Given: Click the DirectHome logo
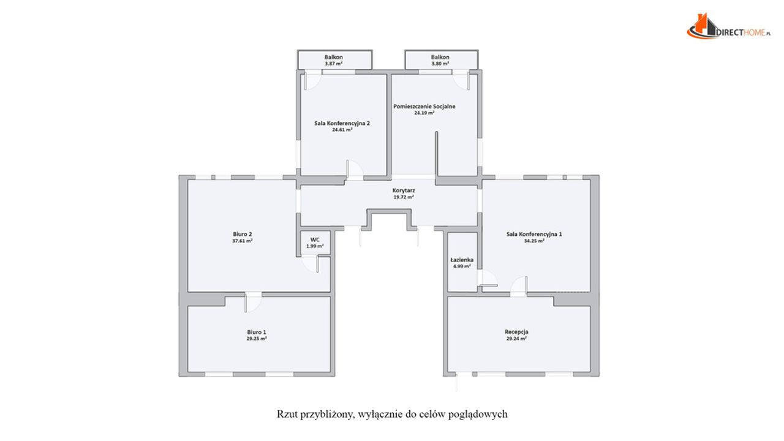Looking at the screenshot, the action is pyautogui.click(x=729, y=26).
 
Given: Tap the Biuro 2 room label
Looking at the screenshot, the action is pyautogui.click(x=243, y=234).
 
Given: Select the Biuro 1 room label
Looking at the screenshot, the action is pyautogui.click(x=257, y=332).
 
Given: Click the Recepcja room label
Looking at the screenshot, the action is pyautogui.click(x=516, y=332).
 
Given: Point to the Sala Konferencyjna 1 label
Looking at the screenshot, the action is pyautogui.click(x=534, y=234).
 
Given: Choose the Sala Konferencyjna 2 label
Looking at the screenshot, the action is pyautogui.click(x=342, y=123).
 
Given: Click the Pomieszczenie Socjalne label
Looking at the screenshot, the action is pyautogui.click(x=424, y=107).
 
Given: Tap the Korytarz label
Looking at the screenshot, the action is pyautogui.click(x=404, y=190).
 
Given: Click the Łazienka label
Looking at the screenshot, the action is pyautogui.click(x=462, y=260).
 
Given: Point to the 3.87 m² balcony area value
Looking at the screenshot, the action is pyautogui.click(x=334, y=64).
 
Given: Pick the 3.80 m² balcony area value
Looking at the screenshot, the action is pyautogui.click(x=440, y=64).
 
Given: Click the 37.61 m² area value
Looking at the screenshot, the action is pyautogui.click(x=243, y=241).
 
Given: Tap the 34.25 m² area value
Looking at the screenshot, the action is pyautogui.click(x=534, y=241).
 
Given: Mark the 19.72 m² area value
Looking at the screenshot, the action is pyautogui.click(x=404, y=197).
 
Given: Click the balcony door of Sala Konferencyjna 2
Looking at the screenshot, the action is pyautogui.click(x=312, y=80).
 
